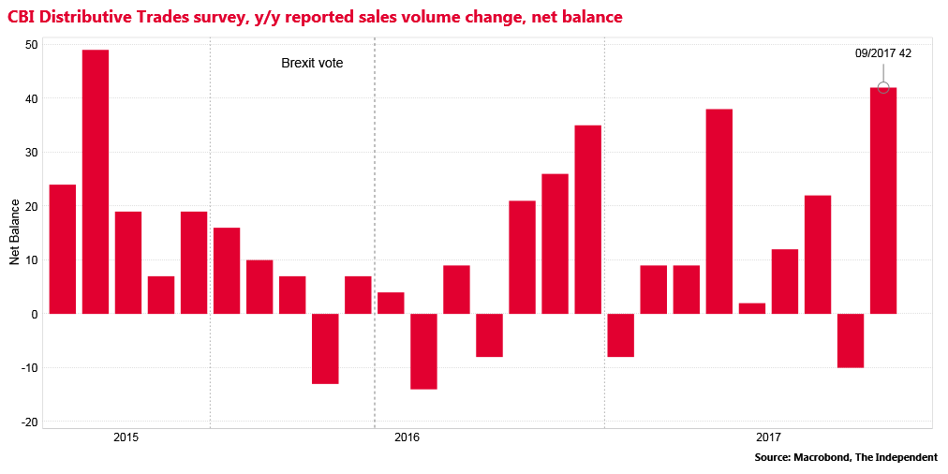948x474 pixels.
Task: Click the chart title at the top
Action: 315,17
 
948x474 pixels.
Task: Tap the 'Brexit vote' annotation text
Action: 312,64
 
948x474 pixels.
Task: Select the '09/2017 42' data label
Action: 882,53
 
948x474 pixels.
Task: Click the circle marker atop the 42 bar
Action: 883,88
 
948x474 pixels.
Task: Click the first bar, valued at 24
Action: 63,249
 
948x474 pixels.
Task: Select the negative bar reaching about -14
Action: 423,351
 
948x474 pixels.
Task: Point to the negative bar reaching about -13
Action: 325,348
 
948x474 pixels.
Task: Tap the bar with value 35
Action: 587,219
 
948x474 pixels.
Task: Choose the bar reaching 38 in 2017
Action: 719,212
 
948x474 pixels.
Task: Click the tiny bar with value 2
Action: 752,308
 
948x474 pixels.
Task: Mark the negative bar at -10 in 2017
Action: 851,340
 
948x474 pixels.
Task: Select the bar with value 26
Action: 555,244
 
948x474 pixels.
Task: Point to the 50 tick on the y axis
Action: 32,45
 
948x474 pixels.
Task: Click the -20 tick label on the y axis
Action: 29,422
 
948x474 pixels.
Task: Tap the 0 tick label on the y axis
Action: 35,314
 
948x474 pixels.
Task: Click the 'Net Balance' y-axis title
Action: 15,231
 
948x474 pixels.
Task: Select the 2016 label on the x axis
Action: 407,437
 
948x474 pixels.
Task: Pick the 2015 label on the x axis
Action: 126,437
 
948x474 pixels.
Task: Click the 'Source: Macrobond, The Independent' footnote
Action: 845,458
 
